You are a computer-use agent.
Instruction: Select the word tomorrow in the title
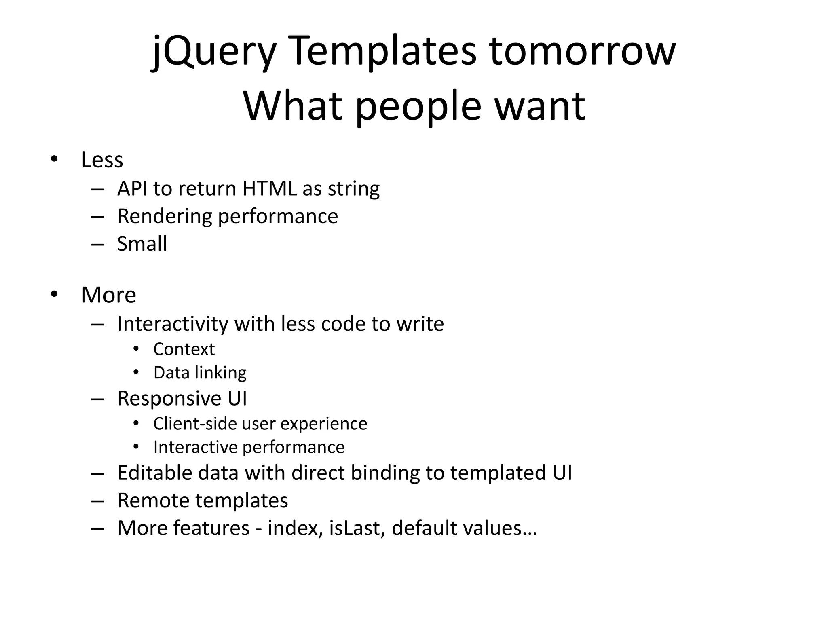pos(583,52)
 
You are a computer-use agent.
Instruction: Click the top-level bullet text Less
pos(102,160)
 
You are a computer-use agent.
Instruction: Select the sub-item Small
pos(142,244)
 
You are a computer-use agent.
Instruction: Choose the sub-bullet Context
pos(184,349)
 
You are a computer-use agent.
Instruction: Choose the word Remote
pos(153,501)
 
